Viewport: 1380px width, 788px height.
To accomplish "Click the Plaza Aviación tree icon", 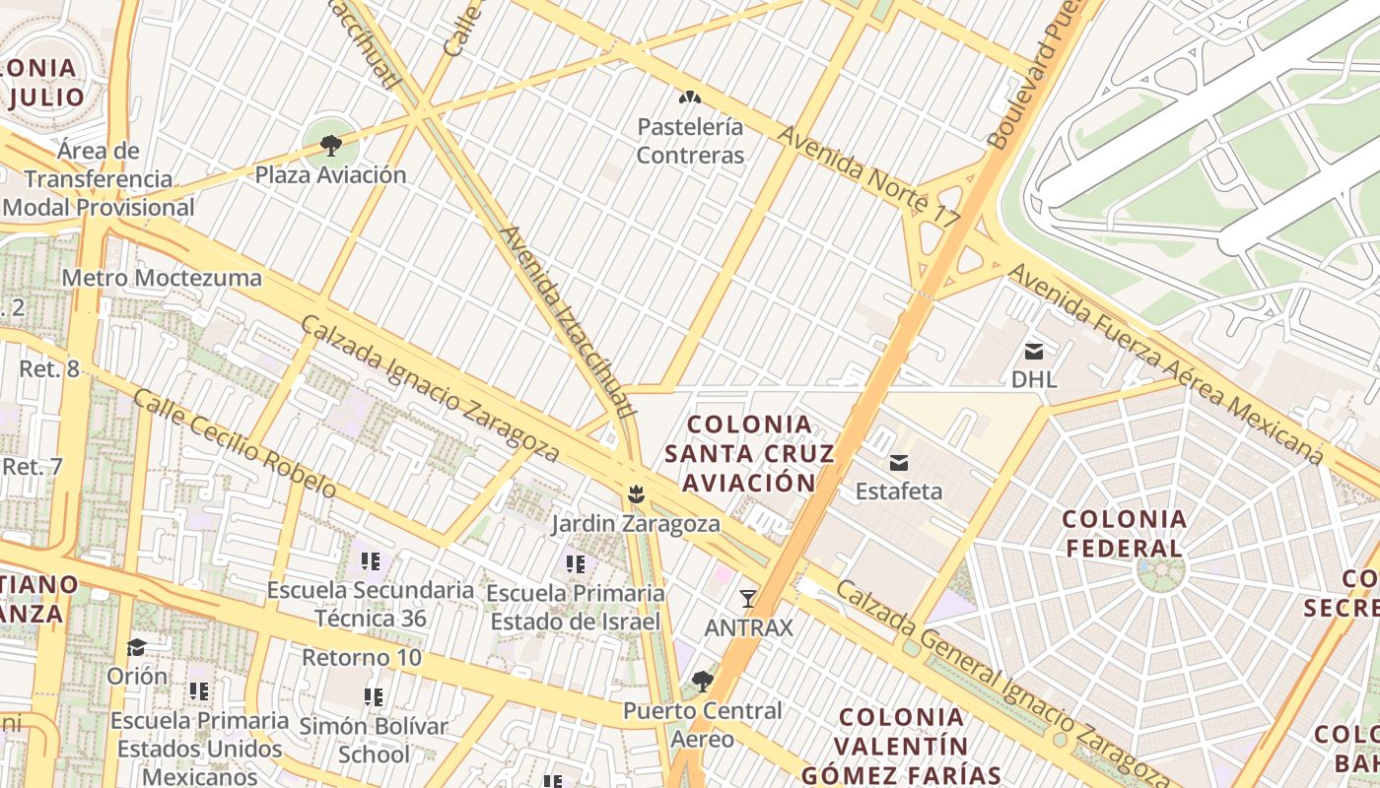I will click(x=330, y=146).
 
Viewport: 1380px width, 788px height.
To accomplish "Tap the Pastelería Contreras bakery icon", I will click(x=689, y=98).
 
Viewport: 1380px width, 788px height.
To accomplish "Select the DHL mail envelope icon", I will click(x=1034, y=351).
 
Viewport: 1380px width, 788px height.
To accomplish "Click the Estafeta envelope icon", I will click(x=899, y=462).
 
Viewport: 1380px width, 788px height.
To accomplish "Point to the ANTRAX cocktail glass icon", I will click(x=748, y=598).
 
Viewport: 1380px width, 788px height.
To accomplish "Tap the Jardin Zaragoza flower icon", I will click(x=636, y=492).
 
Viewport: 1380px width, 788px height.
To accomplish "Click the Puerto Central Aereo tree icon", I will click(x=702, y=681).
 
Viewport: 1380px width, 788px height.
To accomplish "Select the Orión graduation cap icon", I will click(x=137, y=647).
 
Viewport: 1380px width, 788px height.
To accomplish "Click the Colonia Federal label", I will click(x=1123, y=533).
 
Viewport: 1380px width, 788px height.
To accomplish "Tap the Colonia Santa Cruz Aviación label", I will click(x=749, y=453).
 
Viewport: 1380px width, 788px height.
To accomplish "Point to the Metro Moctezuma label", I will click(x=162, y=278).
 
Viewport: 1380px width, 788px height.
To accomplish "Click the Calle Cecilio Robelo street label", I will click(x=234, y=443).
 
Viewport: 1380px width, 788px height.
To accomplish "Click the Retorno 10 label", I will click(x=362, y=657).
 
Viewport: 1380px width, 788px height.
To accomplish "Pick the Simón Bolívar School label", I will click(x=374, y=741).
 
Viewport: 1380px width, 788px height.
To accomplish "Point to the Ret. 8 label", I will click(x=49, y=369).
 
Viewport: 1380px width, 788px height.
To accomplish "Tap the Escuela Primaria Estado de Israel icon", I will click(x=576, y=564).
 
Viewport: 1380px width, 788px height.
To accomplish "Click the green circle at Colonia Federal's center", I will click(x=1159, y=570).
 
